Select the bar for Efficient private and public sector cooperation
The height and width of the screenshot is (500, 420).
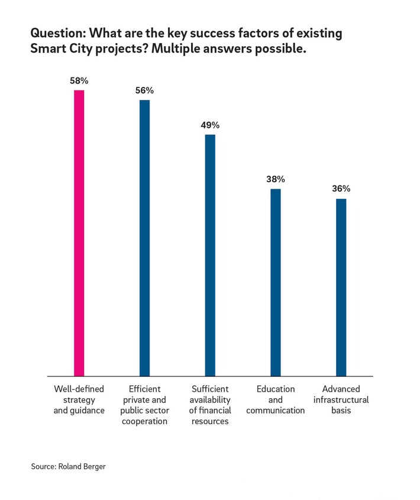click(144, 237)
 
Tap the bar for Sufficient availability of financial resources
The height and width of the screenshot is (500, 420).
click(210, 255)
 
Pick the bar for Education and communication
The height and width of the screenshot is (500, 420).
click(276, 282)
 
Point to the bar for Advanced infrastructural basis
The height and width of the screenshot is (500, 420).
click(341, 287)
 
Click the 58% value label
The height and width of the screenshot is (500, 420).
click(79, 80)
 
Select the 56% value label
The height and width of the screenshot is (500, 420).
click(144, 90)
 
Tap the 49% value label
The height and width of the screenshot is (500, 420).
click(210, 125)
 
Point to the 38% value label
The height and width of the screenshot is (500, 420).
click(276, 179)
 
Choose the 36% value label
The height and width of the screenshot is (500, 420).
click(341, 189)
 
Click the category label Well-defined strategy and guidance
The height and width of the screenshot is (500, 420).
click(79, 399)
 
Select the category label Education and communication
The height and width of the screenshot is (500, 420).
click(276, 399)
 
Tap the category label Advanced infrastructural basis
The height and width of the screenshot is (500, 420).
click(341, 399)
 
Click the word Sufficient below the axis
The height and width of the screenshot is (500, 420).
click(210, 389)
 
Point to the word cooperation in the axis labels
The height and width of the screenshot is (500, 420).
click(144, 421)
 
